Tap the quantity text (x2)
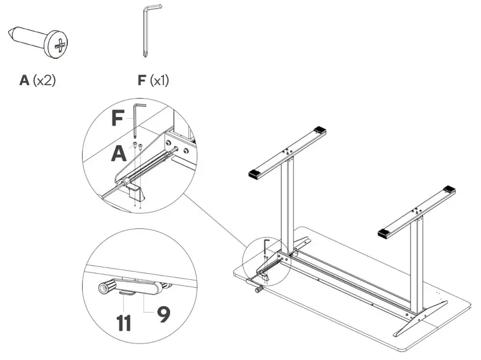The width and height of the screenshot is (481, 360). [x=44, y=80]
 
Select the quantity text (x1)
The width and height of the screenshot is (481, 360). [x=157, y=80]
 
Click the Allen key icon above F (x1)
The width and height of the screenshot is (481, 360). [x=147, y=31]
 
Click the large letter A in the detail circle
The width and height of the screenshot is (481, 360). [x=119, y=153]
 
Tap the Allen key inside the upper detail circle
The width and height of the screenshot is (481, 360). [x=136, y=120]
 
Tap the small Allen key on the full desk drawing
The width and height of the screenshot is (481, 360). [x=265, y=244]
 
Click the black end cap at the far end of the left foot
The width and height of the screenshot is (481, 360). [x=320, y=131]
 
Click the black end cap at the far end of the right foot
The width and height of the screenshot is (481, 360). [x=450, y=189]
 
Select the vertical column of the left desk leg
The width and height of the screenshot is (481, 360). [x=286, y=202]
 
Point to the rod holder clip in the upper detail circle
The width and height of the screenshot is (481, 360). [x=138, y=193]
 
